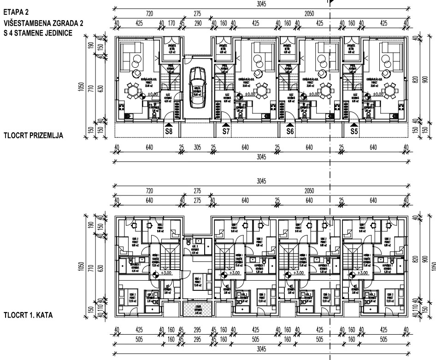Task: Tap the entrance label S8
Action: click(169, 131)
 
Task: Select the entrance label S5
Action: click(354, 131)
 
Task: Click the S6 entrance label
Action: click(290, 131)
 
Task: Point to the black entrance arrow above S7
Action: click(225, 124)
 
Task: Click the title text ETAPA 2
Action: click(15, 10)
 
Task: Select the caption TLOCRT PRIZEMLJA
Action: click(33, 136)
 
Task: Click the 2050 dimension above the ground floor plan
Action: click(310, 14)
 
